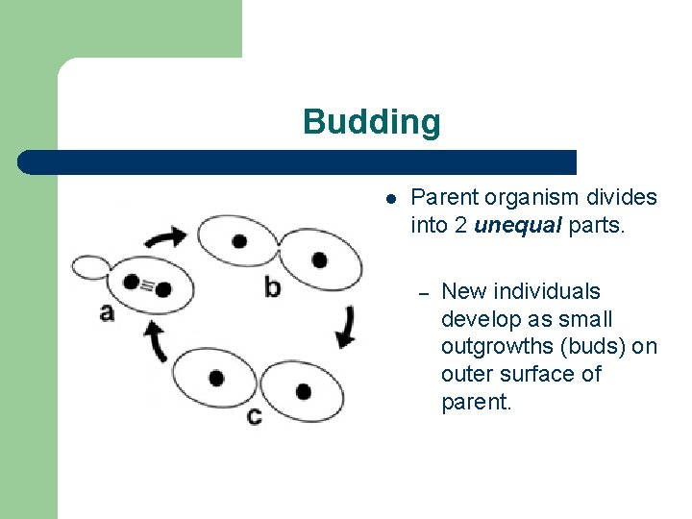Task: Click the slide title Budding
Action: [x=371, y=122]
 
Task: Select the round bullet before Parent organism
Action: [x=391, y=199]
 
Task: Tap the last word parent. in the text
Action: [x=477, y=401]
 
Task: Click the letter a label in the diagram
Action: [x=106, y=311]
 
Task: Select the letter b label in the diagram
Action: [x=273, y=285]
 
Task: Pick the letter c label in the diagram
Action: [x=254, y=415]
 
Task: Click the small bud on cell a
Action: [x=91, y=266]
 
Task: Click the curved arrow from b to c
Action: [x=345, y=326]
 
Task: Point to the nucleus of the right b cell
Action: [x=319, y=259]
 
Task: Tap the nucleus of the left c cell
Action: [x=217, y=378]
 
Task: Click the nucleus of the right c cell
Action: [x=303, y=391]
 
